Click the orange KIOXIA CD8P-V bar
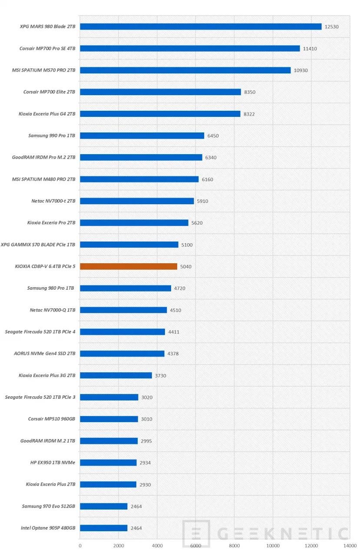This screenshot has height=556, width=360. click(x=129, y=266)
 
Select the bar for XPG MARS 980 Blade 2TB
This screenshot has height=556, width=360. click(x=201, y=26)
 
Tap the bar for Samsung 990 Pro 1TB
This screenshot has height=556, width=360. click(x=142, y=136)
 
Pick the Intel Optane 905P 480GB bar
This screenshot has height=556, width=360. click(x=104, y=528)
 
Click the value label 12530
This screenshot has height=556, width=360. click(x=331, y=27)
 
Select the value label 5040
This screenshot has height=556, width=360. click(x=186, y=267)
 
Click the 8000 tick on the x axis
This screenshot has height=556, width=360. click(x=234, y=545)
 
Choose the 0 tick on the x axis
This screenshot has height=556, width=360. click(x=80, y=545)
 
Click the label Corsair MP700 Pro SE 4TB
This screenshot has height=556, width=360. click(x=47, y=49)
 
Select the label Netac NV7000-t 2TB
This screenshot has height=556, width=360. click(x=51, y=201)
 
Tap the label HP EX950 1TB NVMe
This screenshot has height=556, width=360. click(x=53, y=463)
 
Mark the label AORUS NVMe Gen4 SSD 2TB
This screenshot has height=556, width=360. click(x=45, y=354)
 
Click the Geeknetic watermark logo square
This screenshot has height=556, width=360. click(x=196, y=534)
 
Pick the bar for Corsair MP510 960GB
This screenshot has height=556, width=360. click(x=109, y=419)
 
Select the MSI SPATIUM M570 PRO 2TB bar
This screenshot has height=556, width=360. click(x=185, y=70)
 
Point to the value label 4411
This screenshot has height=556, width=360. click(x=174, y=332)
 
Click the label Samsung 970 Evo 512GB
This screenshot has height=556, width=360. click(x=49, y=506)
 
